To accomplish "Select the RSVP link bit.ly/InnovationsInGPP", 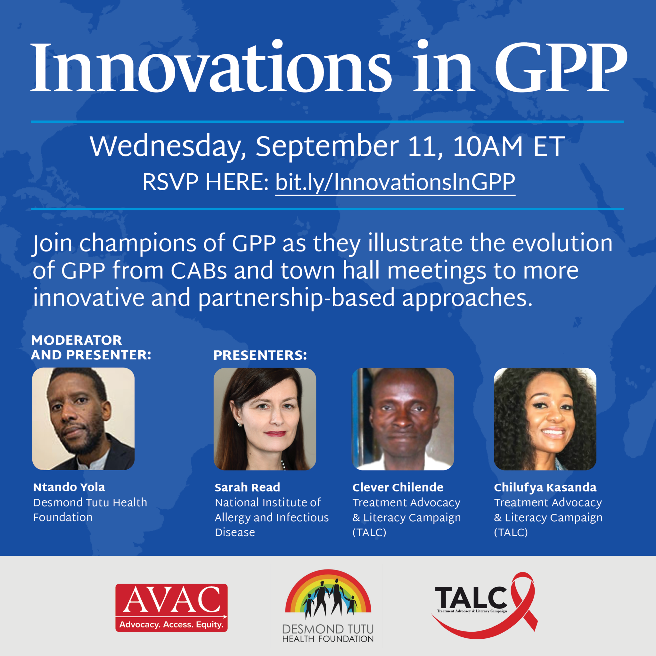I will coord(395,182).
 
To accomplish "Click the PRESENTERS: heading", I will coord(260,355).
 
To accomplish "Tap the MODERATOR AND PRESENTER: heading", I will coord(91,347).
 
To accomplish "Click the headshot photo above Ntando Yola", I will coord(83,419).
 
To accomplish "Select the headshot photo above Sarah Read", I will coord(265,419).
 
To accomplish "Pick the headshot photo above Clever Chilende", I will coord(403,419).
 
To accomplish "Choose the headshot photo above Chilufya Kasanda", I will coord(545,419).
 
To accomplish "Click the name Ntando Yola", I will coord(69,487).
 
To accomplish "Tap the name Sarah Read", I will coord(247,488).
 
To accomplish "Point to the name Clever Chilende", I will coord(398,488).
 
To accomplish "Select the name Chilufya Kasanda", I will coord(545,488).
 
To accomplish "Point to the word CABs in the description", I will coord(198,271).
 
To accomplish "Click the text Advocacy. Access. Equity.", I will coord(171,625).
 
